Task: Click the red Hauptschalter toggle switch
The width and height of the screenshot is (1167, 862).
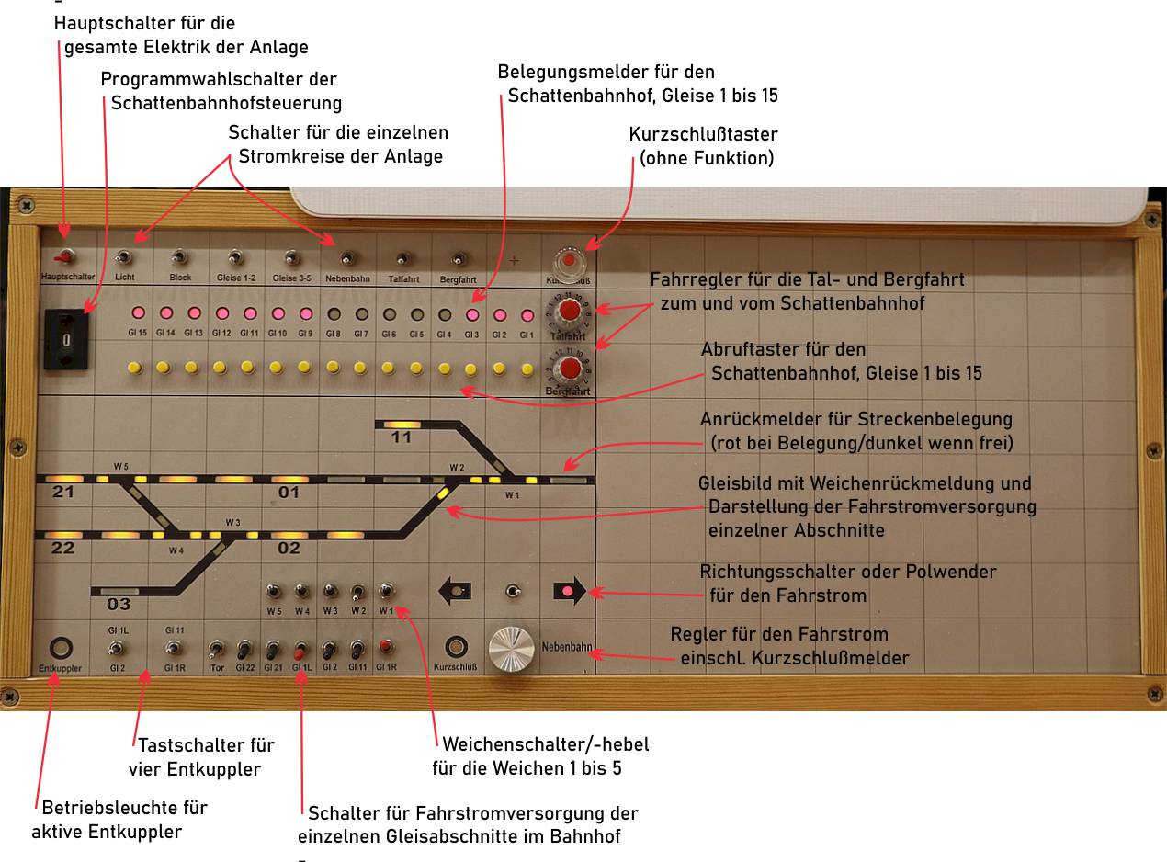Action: point(64,258)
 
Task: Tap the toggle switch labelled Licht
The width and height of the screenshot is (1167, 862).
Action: point(124,259)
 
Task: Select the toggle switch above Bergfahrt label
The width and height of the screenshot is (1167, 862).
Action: point(458,259)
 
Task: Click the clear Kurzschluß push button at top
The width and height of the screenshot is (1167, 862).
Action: point(570,260)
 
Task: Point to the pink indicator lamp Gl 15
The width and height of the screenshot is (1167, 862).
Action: point(138,314)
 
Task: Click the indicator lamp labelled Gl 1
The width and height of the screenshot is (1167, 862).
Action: point(527,314)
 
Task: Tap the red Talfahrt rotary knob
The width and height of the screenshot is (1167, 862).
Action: point(570,310)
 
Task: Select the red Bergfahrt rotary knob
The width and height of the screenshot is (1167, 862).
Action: point(570,369)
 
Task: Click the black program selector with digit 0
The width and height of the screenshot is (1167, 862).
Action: point(66,340)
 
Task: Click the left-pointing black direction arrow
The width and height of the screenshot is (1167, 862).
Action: point(456,591)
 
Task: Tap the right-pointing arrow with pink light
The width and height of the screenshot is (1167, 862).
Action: point(570,591)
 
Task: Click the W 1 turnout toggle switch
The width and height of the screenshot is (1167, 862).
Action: point(387,591)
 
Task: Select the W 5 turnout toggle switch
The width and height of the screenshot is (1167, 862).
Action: point(274,591)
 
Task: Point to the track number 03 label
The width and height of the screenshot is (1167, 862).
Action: point(119,605)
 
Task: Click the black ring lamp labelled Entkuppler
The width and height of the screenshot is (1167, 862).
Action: point(62,647)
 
